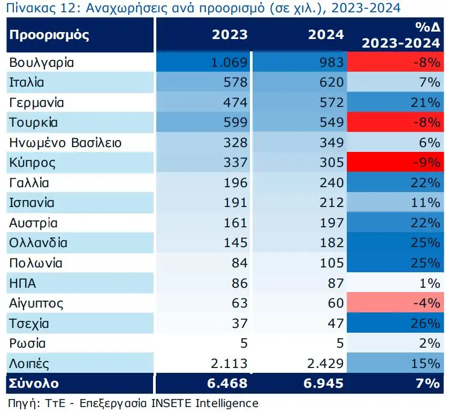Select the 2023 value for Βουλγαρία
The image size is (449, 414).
click(230, 63)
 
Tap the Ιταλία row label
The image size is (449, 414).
click(26, 82)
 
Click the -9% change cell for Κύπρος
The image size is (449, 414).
click(426, 163)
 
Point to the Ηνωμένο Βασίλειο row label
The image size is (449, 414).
click(65, 143)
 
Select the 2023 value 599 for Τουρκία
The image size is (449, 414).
click(235, 122)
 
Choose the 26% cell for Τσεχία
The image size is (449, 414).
click(426, 324)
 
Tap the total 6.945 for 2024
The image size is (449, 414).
click(321, 384)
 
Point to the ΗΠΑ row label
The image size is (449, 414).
click(22, 283)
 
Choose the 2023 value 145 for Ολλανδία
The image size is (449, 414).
click(235, 243)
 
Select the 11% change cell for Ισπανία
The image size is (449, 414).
click(426, 203)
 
